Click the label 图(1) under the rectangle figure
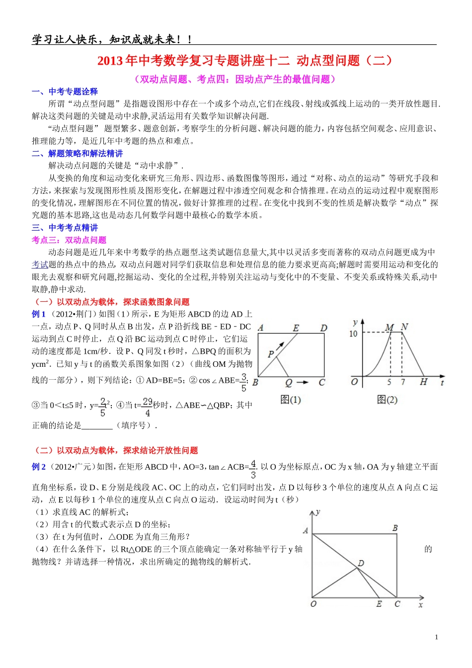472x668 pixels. [x=290, y=400]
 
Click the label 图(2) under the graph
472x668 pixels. [x=387, y=400]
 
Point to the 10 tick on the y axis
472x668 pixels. [x=353, y=334]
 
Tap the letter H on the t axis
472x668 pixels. [x=423, y=382]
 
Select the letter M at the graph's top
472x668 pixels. [x=390, y=327]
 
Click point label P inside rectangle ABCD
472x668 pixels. [x=270, y=354]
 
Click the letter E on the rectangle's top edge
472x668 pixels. [x=296, y=328]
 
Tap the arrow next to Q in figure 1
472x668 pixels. [x=303, y=382]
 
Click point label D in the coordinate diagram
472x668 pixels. [x=361, y=563]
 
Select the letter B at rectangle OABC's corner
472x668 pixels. [x=395, y=528]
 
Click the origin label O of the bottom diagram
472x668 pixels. [x=313, y=604]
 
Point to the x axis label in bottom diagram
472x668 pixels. [x=420, y=605]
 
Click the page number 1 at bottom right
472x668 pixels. [x=436, y=637]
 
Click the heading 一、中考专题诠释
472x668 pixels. [x=65, y=91]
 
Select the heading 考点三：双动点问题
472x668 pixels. [x=69, y=240]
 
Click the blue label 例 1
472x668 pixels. [x=39, y=314]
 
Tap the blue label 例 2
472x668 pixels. [x=39, y=467]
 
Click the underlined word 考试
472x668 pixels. [x=40, y=265]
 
